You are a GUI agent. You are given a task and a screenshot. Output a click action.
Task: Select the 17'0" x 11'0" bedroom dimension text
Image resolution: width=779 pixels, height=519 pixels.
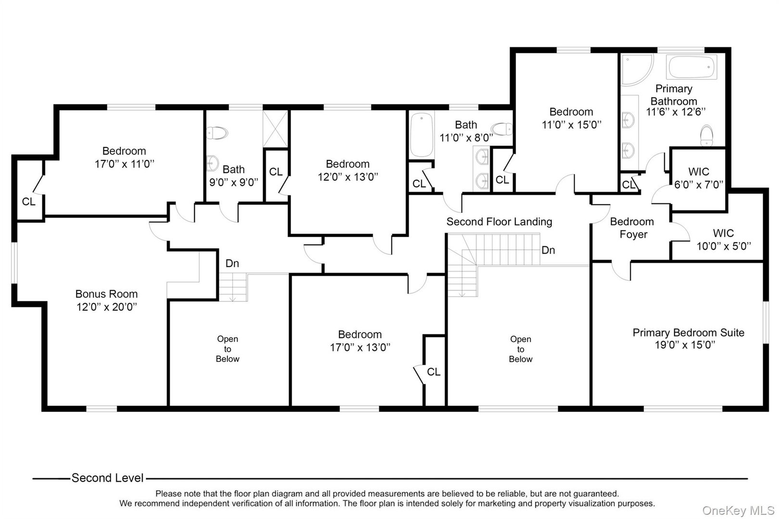125,164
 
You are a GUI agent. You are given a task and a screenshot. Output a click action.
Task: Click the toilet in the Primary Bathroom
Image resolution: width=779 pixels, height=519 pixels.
706,136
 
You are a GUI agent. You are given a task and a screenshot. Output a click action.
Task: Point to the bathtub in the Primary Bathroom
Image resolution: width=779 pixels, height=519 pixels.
691,67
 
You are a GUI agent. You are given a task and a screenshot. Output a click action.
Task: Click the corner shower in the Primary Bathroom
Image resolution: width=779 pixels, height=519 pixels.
637,70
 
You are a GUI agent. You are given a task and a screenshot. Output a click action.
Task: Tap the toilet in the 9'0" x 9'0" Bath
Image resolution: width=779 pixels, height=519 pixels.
217,133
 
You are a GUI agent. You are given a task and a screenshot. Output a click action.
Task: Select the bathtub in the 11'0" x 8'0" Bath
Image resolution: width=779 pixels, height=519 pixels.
422,135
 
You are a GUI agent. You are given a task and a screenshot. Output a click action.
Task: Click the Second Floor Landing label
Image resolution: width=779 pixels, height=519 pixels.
499,222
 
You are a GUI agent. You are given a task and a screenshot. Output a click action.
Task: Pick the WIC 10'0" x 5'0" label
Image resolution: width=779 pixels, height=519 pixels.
723,239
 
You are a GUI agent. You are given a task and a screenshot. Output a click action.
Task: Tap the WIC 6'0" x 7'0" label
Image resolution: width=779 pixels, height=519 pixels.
699,178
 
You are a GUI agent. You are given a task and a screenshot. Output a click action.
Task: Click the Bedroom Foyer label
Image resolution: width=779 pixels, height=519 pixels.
632,228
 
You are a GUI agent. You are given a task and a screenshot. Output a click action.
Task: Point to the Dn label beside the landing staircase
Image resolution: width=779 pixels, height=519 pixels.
548,250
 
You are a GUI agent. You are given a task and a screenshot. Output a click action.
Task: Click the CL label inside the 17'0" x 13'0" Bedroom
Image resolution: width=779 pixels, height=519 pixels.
433,371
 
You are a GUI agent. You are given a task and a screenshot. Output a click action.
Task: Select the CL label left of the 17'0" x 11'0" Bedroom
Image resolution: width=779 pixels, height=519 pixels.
28,201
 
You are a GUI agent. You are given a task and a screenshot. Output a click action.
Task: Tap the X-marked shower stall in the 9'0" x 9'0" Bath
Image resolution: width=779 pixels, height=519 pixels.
275,129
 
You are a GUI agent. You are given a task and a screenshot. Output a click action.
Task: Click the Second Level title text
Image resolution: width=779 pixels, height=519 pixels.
107,478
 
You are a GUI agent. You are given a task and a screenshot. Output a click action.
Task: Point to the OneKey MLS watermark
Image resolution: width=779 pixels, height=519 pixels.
738,510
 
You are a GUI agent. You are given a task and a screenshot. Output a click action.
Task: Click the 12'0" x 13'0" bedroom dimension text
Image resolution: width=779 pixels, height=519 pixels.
348,177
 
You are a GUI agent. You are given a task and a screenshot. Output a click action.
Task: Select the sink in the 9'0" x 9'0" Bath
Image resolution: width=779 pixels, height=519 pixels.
212,163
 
